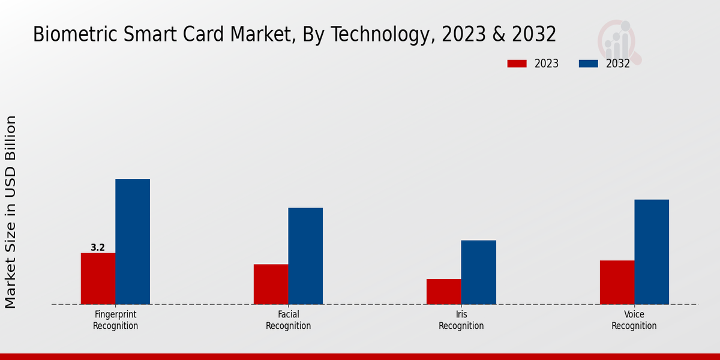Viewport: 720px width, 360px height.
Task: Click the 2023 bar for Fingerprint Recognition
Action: tap(98, 278)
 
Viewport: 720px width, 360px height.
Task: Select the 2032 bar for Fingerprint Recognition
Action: tap(133, 241)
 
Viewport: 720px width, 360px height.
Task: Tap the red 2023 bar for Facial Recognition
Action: tap(271, 284)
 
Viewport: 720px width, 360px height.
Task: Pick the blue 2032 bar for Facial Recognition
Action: tap(305, 256)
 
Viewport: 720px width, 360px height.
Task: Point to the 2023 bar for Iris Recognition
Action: tap(444, 292)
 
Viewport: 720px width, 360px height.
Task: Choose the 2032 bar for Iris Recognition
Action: tap(479, 272)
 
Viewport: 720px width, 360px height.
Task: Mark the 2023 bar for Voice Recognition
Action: tap(617, 282)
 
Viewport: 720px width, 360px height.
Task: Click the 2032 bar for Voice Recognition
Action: tap(652, 251)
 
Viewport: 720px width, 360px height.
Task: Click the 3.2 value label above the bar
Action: tap(98, 247)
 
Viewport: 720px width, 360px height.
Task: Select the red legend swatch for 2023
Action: tap(517, 64)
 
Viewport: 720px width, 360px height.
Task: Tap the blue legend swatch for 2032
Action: tap(588, 64)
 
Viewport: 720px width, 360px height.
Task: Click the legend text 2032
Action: tap(618, 64)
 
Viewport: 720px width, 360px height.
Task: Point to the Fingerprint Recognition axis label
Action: tap(115, 320)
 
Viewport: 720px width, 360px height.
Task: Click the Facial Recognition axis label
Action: tap(288, 320)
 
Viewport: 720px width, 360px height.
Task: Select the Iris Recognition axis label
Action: tap(461, 320)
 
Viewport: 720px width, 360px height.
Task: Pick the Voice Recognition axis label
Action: tap(634, 320)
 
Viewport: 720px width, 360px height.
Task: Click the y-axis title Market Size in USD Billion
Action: tap(11, 212)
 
